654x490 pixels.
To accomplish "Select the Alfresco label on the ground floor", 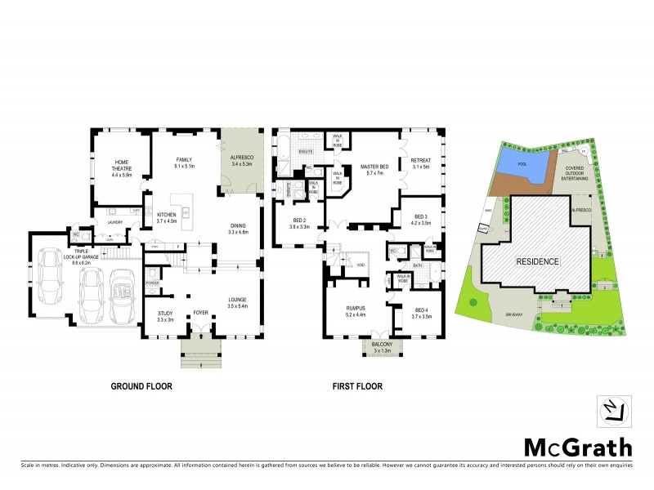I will pos(243,161).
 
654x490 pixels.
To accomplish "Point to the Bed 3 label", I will pos(419,219).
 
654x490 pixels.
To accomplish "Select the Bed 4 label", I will pos(422,313).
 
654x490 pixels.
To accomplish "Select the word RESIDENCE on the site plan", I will pos(536,262).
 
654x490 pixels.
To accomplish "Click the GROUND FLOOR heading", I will pos(141,386).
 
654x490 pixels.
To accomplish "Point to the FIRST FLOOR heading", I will pos(356,386).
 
